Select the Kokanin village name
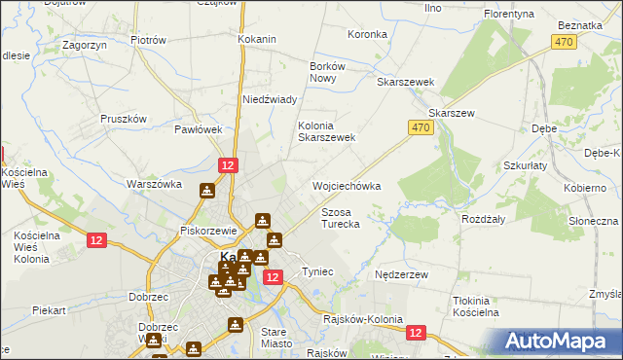tap(258, 40)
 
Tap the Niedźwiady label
tap(269, 99)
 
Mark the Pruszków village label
tap(124, 119)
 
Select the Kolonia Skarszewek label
tap(327, 131)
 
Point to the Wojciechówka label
tap(346, 186)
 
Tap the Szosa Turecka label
tap(341, 218)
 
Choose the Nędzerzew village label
tap(402, 275)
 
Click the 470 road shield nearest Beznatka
tap(564, 42)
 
